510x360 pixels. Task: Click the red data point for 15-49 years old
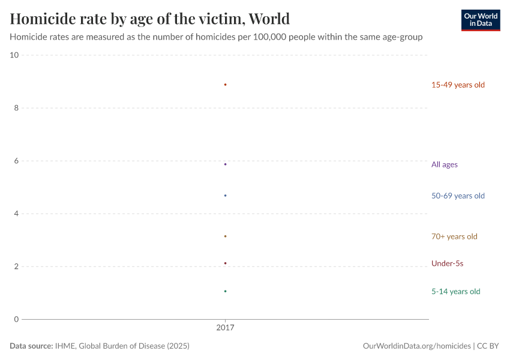(x=225, y=85)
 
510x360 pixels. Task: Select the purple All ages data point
(x=225, y=164)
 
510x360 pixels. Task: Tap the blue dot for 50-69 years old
(x=225, y=196)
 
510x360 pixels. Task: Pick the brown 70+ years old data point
(x=225, y=236)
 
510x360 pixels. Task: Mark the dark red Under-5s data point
(x=225, y=263)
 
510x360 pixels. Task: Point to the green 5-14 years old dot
(x=225, y=291)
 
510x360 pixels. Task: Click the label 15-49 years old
(x=457, y=85)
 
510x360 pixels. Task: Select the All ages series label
(x=444, y=164)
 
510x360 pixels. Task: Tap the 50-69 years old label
(x=457, y=196)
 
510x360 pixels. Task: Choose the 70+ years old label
(x=454, y=236)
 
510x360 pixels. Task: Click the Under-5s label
(x=447, y=263)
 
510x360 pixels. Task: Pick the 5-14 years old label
(x=455, y=292)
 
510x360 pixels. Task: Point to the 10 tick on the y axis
(x=14, y=55)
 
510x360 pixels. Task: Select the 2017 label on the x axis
(x=225, y=328)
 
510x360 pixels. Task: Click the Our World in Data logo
(x=480, y=20)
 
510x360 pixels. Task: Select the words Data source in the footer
(x=31, y=346)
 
